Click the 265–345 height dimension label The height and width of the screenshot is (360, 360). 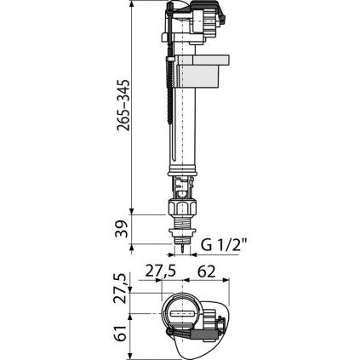[123, 105]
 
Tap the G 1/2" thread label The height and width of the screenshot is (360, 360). [224, 244]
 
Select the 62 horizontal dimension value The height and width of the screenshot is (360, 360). [206, 272]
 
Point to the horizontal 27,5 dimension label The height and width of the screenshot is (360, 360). [161, 271]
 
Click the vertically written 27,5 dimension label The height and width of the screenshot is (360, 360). [120, 289]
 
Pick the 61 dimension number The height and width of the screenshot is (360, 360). [121, 334]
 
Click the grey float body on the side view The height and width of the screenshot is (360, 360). [203, 71]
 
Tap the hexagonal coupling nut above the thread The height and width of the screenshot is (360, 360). [183, 208]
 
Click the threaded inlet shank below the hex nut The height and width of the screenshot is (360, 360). [182, 222]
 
